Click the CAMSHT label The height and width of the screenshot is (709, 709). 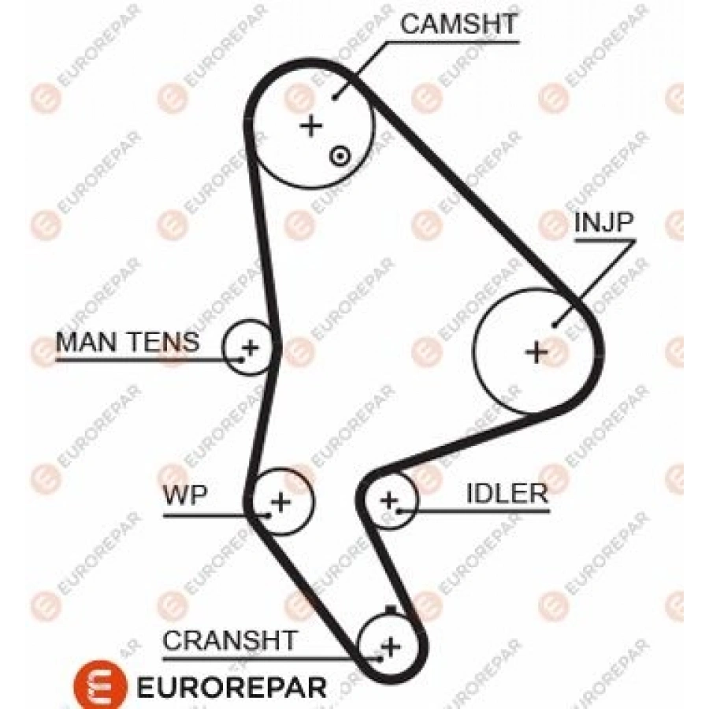[x=458, y=24]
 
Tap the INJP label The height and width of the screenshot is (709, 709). [x=603, y=221]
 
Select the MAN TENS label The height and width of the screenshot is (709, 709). [x=128, y=341]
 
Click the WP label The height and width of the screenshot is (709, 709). [x=185, y=496]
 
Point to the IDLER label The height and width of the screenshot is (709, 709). [x=507, y=493]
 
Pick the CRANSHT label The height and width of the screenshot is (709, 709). [x=230, y=640]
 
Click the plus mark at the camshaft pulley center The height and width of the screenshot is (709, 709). [x=311, y=125]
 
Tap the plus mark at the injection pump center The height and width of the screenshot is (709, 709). [x=537, y=352]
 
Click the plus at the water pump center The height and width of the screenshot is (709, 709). [x=280, y=502]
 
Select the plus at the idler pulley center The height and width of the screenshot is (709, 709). [x=389, y=500]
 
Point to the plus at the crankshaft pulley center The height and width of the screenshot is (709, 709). [x=391, y=647]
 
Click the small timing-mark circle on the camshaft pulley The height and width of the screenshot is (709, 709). [x=340, y=157]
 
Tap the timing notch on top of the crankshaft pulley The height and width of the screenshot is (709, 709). [x=391, y=610]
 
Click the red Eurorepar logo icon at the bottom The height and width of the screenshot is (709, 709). [x=100, y=685]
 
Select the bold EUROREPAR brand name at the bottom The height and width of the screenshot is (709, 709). [x=231, y=688]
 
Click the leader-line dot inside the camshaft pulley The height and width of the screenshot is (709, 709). [x=335, y=97]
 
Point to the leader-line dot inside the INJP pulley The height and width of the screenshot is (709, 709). [x=555, y=325]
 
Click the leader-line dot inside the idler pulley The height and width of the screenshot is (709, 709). [x=399, y=511]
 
